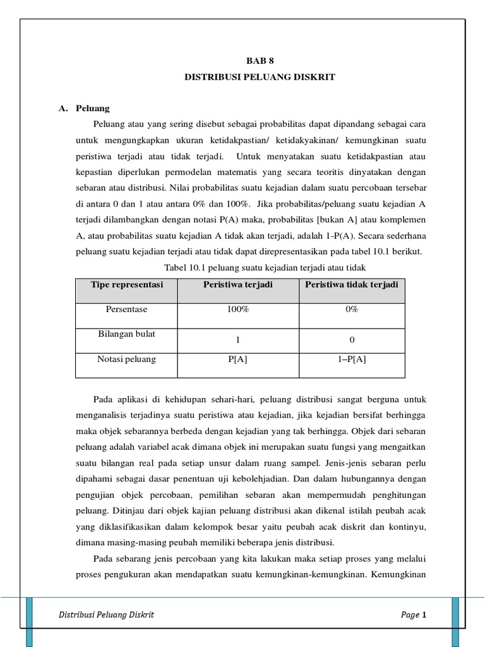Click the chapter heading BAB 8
click(x=260, y=61)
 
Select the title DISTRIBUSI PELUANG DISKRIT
click(x=260, y=77)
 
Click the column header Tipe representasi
click(x=126, y=285)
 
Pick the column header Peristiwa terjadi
click(x=238, y=285)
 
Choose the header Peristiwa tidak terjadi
click(x=352, y=285)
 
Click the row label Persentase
click(x=126, y=310)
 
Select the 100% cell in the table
click(x=238, y=310)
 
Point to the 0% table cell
click(x=352, y=310)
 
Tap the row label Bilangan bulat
click(x=126, y=334)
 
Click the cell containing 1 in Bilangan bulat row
click(x=238, y=340)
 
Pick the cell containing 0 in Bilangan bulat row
click(x=352, y=340)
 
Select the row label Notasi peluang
click(x=126, y=359)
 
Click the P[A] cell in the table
click(x=238, y=359)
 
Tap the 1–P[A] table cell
click(x=352, y=359)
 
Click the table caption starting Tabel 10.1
click(x=265, y=268)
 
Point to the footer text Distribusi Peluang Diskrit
click(x=106, y=615)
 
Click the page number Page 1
click(x=414, y=615)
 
